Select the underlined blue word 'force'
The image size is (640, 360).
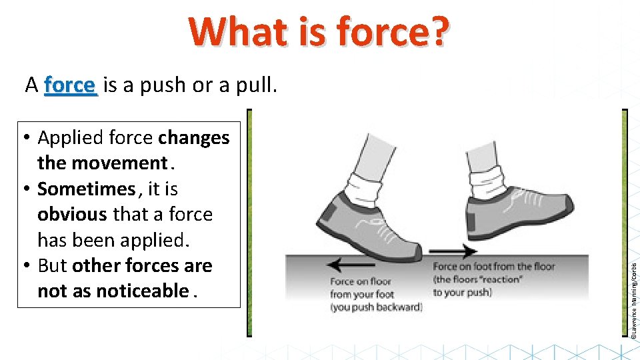[x=71, y=85]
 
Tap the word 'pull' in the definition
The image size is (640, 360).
[x=256, y=85]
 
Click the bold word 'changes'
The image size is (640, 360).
[x=194, y=138]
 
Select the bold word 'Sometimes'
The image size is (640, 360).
[x=86, y=189]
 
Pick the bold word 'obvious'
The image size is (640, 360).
[x=72, y=215]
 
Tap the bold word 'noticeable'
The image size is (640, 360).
[x=142, y=291]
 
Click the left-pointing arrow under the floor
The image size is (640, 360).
[x=342, y=265]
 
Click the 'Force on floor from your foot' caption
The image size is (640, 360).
[x=365, y=294]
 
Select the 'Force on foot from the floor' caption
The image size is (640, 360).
[x=494, y=279]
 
